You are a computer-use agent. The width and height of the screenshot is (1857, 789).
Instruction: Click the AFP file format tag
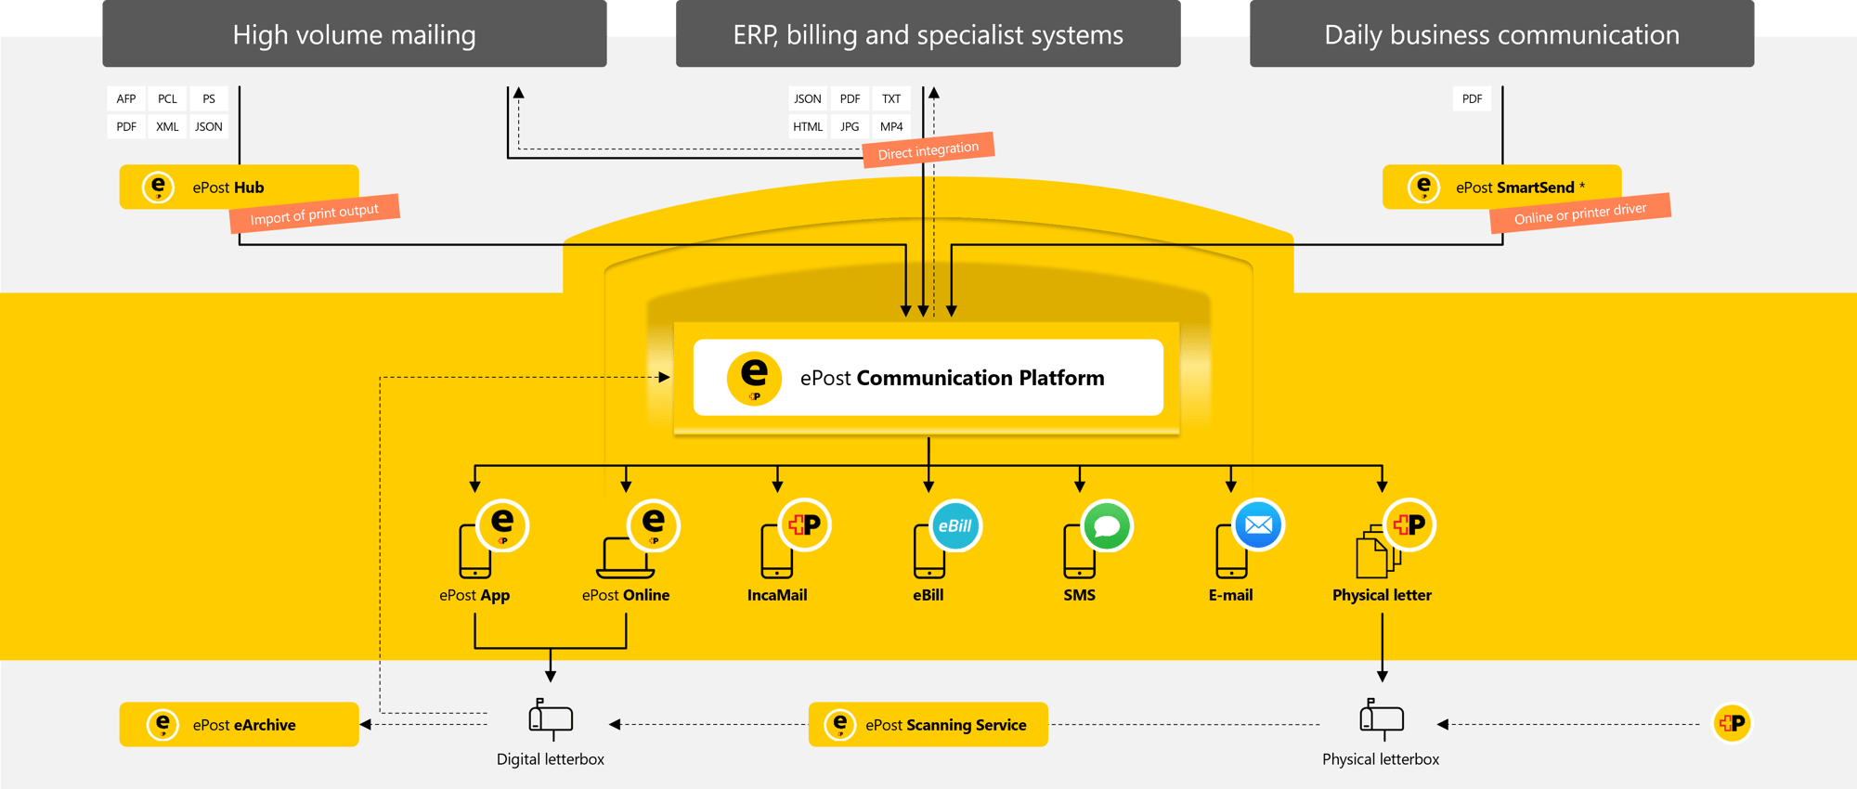coord(126,98)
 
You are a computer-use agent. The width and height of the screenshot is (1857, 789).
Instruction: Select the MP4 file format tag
coord(891,126)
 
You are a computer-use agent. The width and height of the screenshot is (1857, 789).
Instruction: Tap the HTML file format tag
coord(808,126)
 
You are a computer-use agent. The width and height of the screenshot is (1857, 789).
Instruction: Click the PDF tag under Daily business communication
coord(1472,98)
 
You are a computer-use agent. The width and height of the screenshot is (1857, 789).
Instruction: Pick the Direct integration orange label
coord(928,150)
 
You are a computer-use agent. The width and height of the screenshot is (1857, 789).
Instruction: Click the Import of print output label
coord(314,213)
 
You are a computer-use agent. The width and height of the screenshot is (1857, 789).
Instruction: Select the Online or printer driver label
coord(1579,213)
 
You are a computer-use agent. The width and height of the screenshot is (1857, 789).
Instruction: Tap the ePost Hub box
coord(239,187)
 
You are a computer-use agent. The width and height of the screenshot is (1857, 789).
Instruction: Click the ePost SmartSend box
coord(1501,187)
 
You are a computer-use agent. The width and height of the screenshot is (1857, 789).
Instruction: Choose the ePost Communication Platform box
coord(928,377)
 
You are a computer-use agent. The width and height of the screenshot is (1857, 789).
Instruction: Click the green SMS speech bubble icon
coord(1107,526)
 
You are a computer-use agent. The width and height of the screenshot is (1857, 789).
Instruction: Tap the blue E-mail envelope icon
coord(1258,525)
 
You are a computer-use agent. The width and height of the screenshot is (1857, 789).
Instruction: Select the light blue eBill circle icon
coord(954,526)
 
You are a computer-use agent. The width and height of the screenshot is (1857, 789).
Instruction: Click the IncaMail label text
coord(777,595)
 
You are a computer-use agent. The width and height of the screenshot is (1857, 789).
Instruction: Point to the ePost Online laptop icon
coord(625,557)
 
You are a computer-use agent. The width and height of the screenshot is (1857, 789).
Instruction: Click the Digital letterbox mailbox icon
coord(551,718)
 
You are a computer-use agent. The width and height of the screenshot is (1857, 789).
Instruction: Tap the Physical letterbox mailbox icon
coord(1382,718)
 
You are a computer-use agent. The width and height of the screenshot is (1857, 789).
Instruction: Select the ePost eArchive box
coord(239,724)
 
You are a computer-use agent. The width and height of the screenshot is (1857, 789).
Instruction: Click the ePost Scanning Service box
coord(928,724)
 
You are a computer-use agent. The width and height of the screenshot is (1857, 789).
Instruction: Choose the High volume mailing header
coord(354,34)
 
